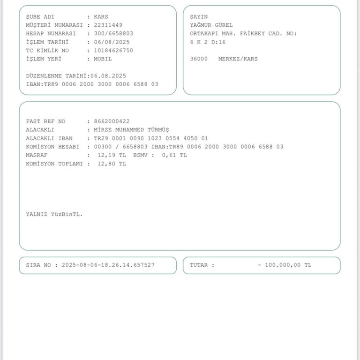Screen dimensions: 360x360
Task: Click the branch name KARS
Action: click(x=101, y=16)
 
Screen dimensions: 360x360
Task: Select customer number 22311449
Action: click(x=108, y=25)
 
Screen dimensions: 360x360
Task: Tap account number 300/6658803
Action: click(x=113, y=33)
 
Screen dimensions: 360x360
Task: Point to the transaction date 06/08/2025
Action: click(x=112, y=42)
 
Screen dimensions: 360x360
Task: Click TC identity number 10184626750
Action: click(x=113, y=50)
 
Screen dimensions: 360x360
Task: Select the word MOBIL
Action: click(x=103, y=59)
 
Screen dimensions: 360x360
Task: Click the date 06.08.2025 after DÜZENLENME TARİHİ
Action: click(x=108, y=75)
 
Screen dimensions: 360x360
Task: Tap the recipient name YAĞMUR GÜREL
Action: click(x=211, y=25)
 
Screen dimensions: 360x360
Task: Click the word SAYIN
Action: click(x=199, y=16)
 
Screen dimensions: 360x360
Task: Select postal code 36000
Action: click(x=199, y=59)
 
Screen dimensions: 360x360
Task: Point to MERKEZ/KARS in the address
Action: click(x=238, y=59)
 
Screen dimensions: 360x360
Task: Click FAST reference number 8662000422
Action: click(x=112, y=121)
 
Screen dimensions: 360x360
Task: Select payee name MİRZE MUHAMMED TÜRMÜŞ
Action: click(x=131, y=129)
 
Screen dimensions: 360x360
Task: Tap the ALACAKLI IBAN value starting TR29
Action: click(x=150, y=138)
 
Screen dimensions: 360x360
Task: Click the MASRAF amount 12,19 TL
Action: click(x=112, y=155)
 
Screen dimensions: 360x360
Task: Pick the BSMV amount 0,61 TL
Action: click(x=174, y=155)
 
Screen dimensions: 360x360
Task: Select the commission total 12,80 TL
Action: click(x=112, y=164)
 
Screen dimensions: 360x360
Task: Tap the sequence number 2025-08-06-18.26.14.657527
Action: click(x=108, y=265)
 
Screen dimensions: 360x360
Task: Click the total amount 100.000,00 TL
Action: click(x=287, y=265)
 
